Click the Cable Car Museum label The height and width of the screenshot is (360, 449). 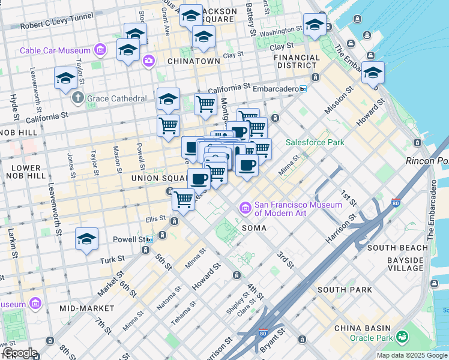(56, 50)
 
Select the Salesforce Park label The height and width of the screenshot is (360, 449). (315, 142)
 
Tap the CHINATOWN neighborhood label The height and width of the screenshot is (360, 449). (194, 61)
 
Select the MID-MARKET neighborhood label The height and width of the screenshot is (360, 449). (87, 308)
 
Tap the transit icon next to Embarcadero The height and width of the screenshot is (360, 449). (303, 89)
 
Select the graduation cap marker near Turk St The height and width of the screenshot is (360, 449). (86, 239)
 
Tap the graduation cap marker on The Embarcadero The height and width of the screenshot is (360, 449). (373, 73)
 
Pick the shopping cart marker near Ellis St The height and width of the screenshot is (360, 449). (183, 199)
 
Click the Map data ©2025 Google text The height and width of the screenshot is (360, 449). (411, 355)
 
